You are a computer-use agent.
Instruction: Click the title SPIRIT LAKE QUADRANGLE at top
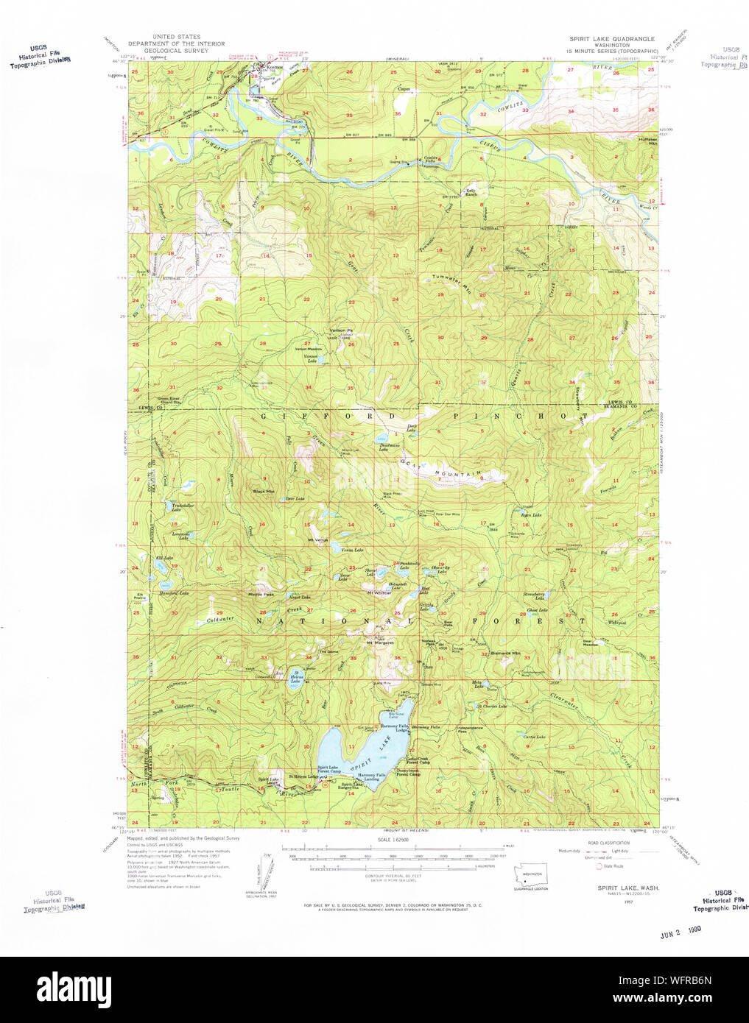coord(611,38)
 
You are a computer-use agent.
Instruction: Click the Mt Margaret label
coord(380,643)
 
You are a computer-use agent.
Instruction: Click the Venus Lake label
coord(352,550)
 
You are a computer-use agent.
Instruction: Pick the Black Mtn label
coord(263,491)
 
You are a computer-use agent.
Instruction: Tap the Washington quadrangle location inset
coord(530,876)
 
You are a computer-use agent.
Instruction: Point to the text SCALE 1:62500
coord(394,840)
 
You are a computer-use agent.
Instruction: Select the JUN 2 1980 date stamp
coord(681,930)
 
